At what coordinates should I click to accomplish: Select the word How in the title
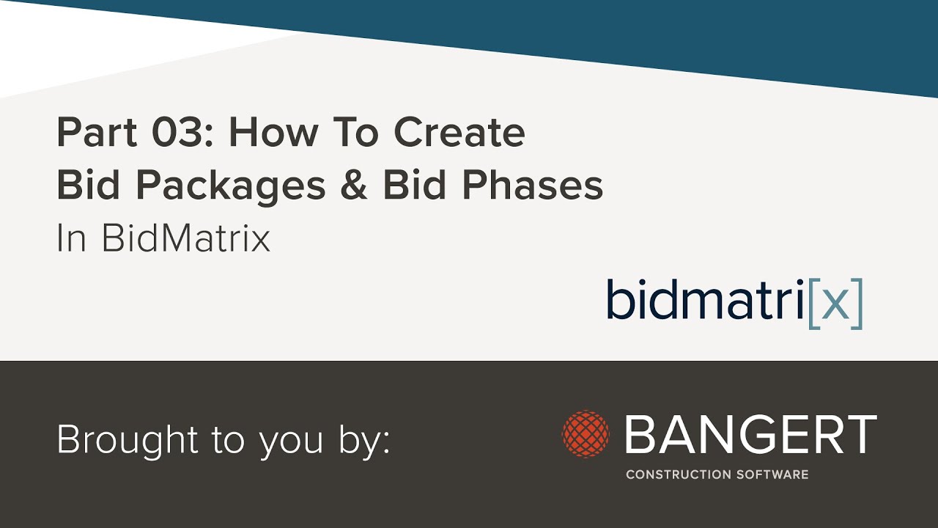point(273,133)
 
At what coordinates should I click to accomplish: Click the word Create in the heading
point(459,133)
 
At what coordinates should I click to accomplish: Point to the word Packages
point(232,186)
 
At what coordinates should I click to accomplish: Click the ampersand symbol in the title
point(354,186)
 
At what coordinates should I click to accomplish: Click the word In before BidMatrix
point(72,238)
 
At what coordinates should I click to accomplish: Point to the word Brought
point(120,439)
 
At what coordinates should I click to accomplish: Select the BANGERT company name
point(751,434)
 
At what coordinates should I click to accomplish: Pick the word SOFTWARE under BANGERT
point(772,474)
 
